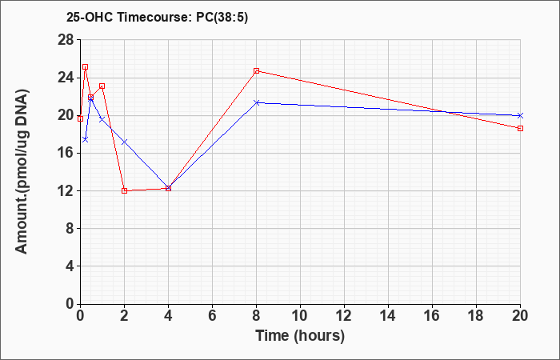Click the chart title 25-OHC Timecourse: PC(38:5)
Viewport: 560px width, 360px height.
click(157, 17)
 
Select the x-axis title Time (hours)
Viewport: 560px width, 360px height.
click(300, 336)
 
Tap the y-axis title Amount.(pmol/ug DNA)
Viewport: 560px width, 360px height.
click(22, 171)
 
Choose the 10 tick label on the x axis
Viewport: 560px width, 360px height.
click(300, 316)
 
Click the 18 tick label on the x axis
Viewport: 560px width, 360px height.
click(476, 316)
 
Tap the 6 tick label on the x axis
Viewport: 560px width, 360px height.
click(212, 316)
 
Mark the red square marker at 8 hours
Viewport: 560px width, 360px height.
click(256, 70)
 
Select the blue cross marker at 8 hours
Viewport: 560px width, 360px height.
click(256, 102)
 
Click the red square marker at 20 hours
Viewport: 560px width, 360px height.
click(520, 128)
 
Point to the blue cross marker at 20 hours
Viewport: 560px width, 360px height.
click(520, 115)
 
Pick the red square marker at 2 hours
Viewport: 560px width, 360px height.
click(124, 190)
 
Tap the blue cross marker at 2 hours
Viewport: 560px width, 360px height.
click(124, 142)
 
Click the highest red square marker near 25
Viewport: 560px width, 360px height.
click(86, 66)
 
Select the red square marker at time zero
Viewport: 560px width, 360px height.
click(80, 118)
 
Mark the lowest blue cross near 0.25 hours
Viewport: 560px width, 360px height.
click(86, 139)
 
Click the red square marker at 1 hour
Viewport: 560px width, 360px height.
click(102, 86)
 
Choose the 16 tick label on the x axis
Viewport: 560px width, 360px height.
click(432, 316)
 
